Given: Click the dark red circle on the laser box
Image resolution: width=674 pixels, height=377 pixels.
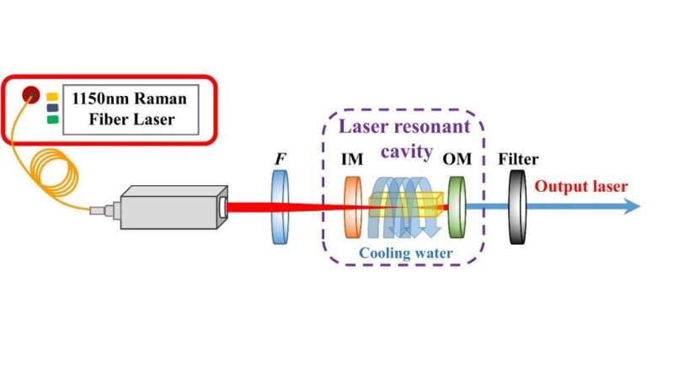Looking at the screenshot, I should (30, 93).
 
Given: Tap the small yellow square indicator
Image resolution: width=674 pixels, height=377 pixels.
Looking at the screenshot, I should (52, 95).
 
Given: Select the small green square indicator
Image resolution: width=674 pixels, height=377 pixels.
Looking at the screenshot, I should (52, 119).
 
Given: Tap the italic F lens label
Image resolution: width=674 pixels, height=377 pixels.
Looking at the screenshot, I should (279, 157).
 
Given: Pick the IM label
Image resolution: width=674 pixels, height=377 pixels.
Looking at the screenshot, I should (353, 159).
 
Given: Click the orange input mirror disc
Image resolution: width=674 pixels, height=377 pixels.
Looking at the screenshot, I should (352, 206).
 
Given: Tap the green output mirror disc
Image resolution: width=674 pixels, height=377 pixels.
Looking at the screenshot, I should (459, 206).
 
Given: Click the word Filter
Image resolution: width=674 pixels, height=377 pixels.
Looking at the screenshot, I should (517, 159).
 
